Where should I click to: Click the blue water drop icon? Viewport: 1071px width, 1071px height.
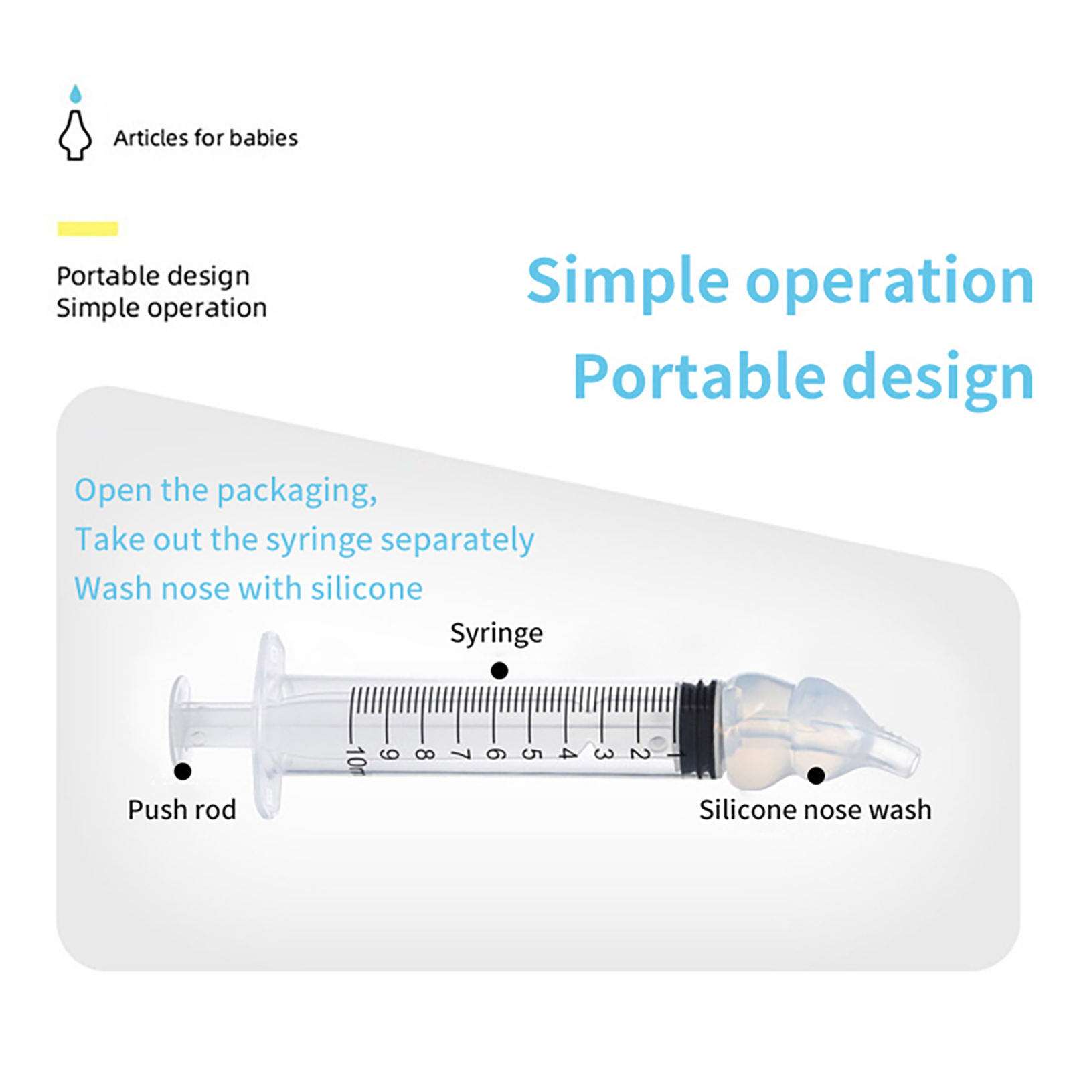tap(76, 94)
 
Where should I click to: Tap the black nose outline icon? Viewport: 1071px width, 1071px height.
tap(75, 135)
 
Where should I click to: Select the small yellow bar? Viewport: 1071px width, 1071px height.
tap(88, 229)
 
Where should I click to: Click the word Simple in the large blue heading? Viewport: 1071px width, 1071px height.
tap(627, 280)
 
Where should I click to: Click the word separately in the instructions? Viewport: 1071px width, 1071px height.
tap(457, 540)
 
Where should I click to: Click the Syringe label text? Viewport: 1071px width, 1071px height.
tap(496, 633)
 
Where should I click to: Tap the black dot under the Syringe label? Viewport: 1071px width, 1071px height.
tap(499, 670)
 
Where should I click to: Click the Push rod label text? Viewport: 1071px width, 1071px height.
tap(181, 810)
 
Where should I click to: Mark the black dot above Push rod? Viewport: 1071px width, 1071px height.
tap(183, 771)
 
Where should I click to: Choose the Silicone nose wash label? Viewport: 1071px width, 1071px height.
tap(815, 810)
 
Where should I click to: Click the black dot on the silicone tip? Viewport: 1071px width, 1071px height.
tap(815, 775)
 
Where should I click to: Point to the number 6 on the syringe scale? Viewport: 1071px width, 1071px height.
tap(494, 754)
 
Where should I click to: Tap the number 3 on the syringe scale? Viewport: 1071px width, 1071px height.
tap(602, 754)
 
